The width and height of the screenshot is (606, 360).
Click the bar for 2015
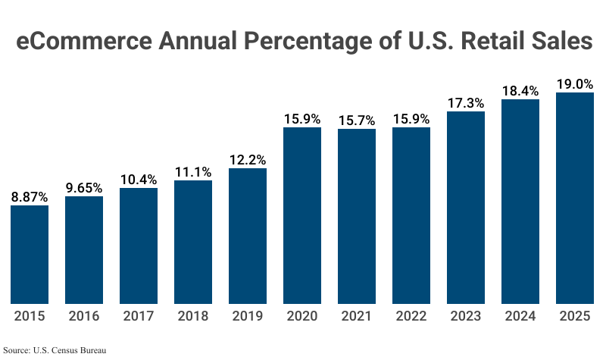tap(30, 255)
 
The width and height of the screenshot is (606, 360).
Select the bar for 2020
tap(302, 215)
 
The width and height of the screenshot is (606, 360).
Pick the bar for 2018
tap(193, 242)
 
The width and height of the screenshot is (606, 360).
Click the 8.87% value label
tap(30, 196)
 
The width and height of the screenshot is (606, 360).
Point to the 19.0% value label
tap(575, 84)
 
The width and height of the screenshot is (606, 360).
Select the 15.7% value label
tap(357, 120)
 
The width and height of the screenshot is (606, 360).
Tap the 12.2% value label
tap(248, 159)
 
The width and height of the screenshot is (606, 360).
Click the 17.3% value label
tap(466, 102)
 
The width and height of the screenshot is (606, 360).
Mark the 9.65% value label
tap(84, 187)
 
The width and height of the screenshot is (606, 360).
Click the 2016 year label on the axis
tap(84, 316)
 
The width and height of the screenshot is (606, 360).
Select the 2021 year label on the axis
tap(357, 316)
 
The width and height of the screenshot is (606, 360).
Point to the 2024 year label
tap(520, 316)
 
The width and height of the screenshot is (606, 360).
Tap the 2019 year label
tap(248, 316)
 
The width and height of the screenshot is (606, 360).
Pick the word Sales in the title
tap(560, 42)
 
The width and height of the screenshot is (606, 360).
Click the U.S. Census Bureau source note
tap(55, 350)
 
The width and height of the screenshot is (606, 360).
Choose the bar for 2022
tap(411, 215)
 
